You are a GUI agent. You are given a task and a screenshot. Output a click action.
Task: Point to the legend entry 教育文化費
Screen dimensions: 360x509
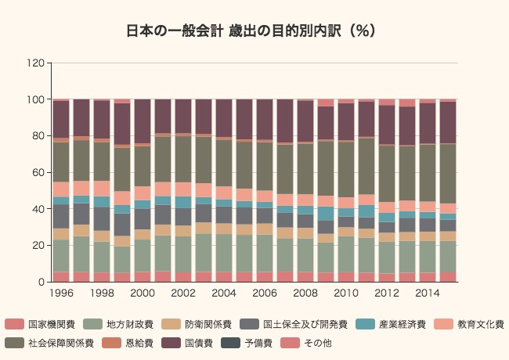click(480, 324)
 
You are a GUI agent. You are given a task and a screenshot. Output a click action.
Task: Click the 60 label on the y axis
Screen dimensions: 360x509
click(37, 172)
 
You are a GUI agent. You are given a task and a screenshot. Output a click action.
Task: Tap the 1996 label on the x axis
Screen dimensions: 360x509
click(61, 293)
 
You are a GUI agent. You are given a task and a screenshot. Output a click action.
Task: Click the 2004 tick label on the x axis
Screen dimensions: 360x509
click(223, 293)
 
